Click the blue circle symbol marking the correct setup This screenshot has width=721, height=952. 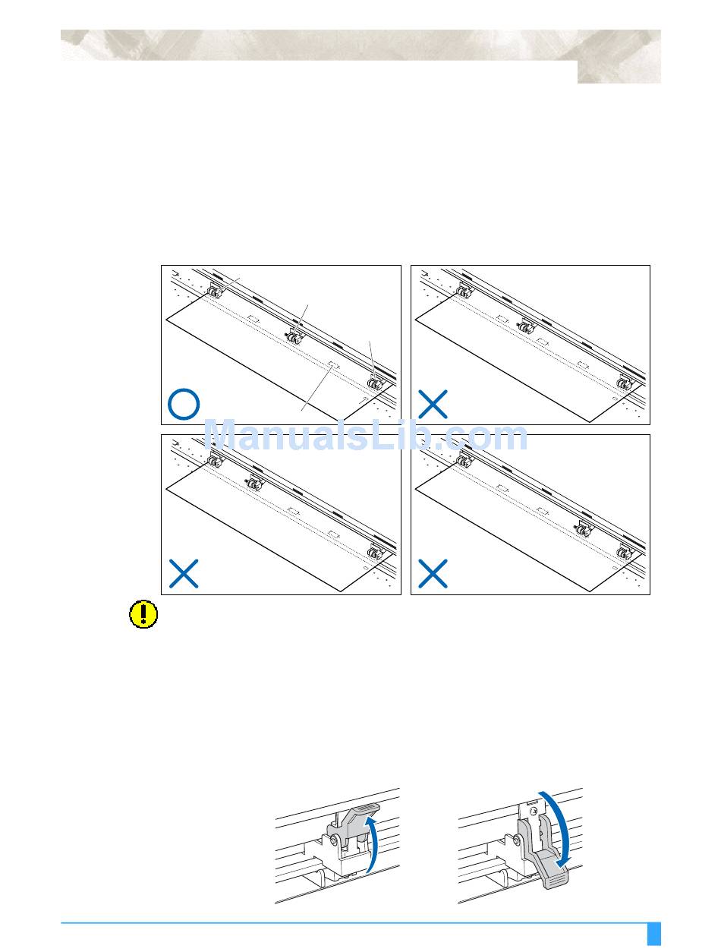click(184, 403)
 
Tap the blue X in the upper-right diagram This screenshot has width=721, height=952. click(433, 404)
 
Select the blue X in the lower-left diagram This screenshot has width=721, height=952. click(184, 573)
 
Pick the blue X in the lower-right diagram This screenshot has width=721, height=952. click(433, 573)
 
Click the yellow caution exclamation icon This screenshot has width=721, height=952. click(143, 613)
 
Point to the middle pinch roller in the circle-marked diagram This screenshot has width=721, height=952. click(294, 336)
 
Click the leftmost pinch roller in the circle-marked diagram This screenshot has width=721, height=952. click(214, 292)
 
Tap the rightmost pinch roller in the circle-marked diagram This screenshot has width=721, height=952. click(373, 383)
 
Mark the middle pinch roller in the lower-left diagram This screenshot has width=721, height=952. click(253, 482)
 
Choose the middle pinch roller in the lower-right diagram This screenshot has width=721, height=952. click(583, 528)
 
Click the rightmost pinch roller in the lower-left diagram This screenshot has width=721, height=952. click(373, 553)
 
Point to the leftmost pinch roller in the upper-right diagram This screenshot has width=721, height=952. click(463, 292)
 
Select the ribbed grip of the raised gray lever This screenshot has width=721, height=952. click(367, 805)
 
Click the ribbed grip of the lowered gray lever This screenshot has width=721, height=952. click(556, 880)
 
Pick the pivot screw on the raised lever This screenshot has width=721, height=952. click(333, 840)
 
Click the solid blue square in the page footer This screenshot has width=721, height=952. click(653, 933)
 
